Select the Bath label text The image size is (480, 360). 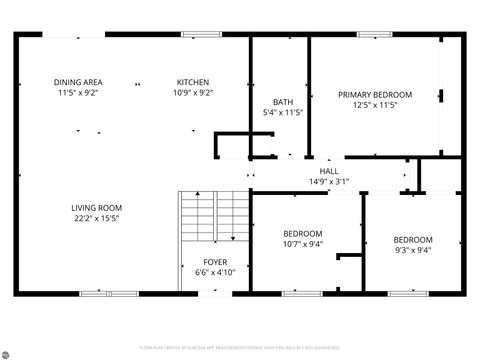[282, 101]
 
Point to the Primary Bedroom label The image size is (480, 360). [375, 94]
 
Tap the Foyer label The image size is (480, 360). [200, 261]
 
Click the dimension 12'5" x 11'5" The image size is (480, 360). [375, 105]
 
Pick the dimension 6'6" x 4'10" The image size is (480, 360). [200, 272]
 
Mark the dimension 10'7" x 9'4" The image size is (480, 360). [303, 243]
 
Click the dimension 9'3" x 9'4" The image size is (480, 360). [412, 251]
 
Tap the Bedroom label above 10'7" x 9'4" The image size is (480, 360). [303, 232]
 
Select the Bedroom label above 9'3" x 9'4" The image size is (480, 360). [412, 240]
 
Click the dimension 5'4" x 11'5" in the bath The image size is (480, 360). [282, 112]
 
